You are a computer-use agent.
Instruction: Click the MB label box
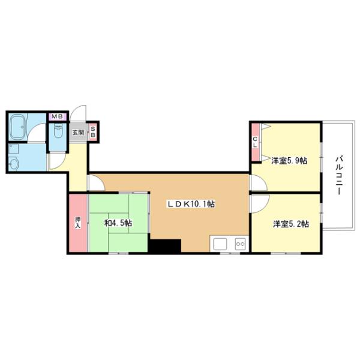click(x=58, y=116)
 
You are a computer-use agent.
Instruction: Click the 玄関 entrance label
click(x=78, y=132)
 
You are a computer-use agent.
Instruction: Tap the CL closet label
click(x=255, y=143)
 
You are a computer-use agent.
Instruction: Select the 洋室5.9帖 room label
click(x=289, y=161)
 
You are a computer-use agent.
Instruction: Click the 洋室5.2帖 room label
click(x=291, y=224)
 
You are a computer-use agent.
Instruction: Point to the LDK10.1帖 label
click(x=191, y=204)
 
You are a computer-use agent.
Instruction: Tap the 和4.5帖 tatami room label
click(x=118, y=223)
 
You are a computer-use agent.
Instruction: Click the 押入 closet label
click(x=77, y=223)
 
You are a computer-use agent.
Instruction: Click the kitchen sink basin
click(x=220, y=244)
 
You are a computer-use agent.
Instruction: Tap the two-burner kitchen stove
click(x=240, y=244)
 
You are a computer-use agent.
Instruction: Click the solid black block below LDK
click(x=165, y=246)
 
